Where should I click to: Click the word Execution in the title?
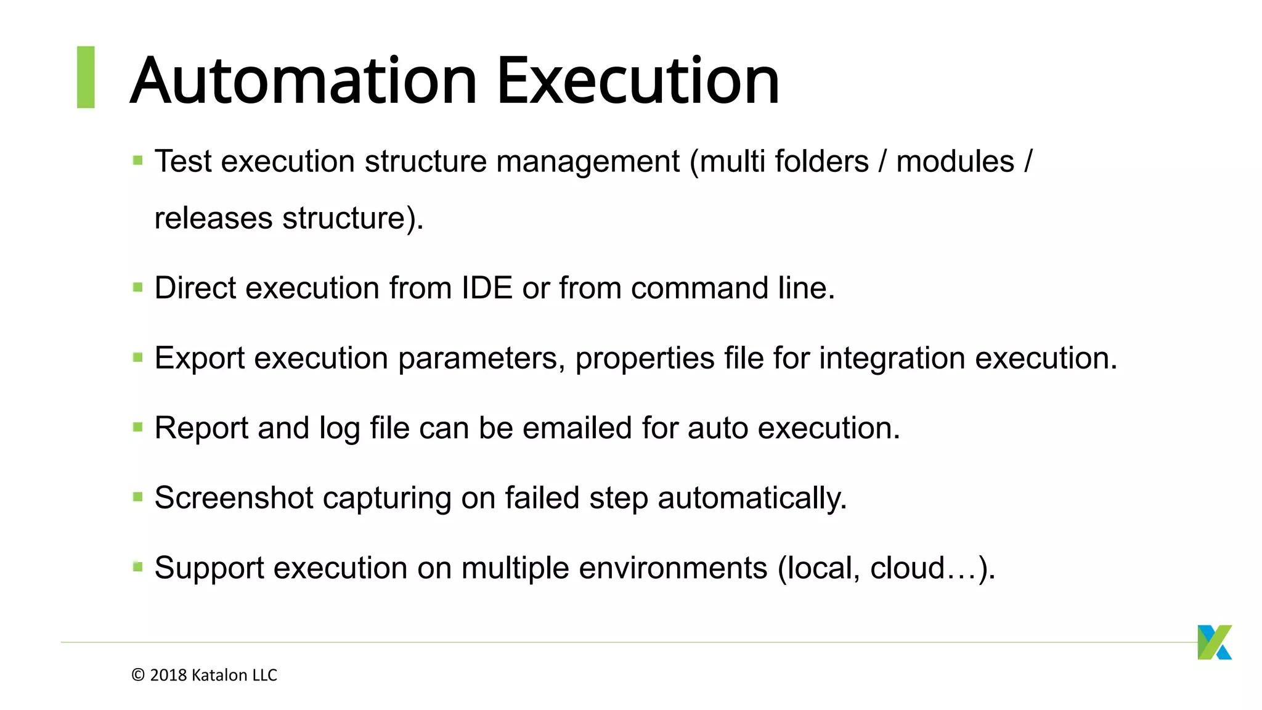click(638, 81)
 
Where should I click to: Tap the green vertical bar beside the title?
click(86, 77)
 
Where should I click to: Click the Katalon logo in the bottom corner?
click(1214, 642)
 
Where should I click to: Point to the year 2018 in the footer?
click(168, 675)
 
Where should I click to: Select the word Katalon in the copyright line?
click(219, 675)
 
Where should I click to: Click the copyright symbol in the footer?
click(138, 675)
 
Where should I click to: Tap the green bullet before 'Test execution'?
click(138, 161)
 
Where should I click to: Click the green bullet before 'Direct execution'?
click(138, 288)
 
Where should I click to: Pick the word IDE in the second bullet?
click(487, 288)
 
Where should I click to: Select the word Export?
click(200, 358)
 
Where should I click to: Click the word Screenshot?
click(234, 498)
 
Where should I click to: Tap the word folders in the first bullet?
click(821, 161)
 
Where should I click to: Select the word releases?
click(213, 218)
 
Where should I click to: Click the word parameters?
click(478, 359)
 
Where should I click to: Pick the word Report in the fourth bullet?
click(202, 428)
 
